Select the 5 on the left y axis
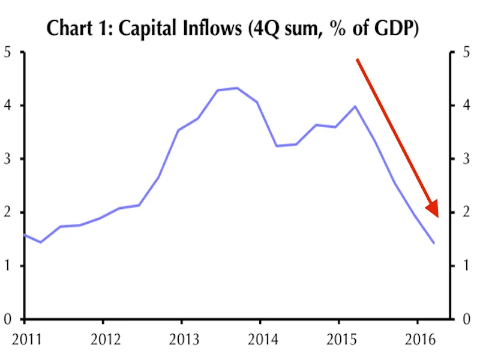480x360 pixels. tap(7, 52)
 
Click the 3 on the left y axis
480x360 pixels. tap(7, 159)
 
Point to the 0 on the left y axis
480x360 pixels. tap(7, 319)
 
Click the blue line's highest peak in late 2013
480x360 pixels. tap(237, 88)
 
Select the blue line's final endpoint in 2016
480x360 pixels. tap(434, 243)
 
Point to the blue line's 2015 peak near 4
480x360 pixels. tap(355, 106)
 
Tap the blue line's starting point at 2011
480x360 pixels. tap(24, 235)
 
